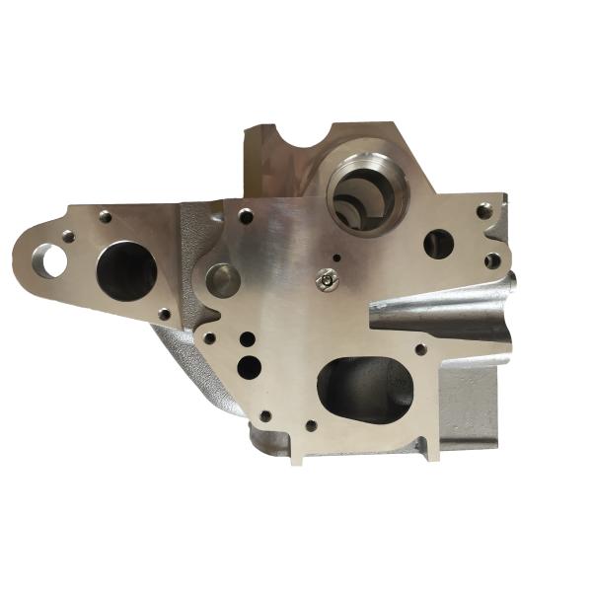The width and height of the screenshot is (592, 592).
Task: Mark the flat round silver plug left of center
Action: point(222,280)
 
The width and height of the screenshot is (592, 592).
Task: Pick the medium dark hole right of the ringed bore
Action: point(437,243)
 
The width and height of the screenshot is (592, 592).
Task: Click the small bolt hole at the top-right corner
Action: point(482,210)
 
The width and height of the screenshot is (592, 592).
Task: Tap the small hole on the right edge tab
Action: point(490,261)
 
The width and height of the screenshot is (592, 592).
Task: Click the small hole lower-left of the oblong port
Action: point(310,427)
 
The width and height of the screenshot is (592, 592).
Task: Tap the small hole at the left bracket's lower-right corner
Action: point(165,314)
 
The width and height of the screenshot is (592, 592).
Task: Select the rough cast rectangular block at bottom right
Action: point(469,405)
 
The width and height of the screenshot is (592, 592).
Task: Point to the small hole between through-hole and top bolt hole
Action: point(67,236)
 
